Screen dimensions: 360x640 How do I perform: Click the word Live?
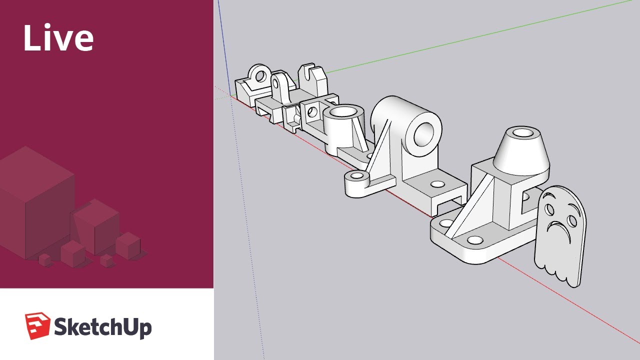[58, 38]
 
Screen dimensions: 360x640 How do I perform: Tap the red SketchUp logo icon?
[37, 325]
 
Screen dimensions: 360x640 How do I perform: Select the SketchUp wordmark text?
[102, 327]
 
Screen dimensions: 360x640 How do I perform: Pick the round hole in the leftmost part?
[259, 75]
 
